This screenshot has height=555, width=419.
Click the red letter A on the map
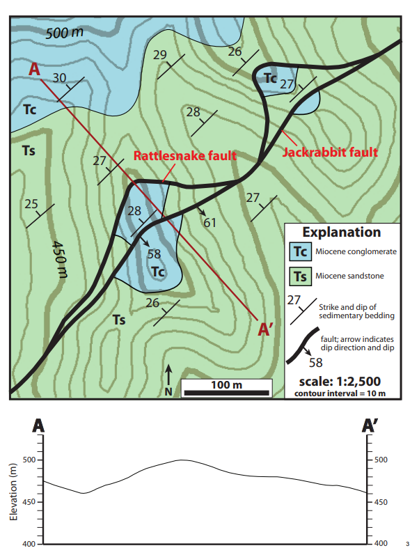coord(34,69)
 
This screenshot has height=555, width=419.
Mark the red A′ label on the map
coord(265,329)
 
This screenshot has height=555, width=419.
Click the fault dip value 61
coord(210,222)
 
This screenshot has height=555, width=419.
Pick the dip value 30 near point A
coord(61,77)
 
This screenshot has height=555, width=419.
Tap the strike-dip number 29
coord(160,55)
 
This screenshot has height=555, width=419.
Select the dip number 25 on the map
coord(31,204)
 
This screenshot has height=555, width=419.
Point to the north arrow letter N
coord(168,392)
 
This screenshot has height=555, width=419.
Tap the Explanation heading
coord(341,233)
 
